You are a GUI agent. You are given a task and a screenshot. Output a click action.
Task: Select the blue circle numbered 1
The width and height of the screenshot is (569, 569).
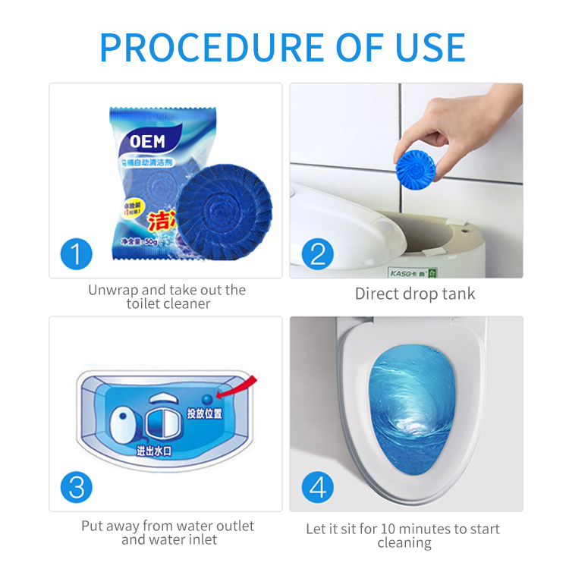pos(77,253)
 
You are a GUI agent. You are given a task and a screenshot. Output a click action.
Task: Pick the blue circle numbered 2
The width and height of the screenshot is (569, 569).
pos(318,253)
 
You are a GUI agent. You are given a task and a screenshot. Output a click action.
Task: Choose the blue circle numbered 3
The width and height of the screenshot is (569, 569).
pos(77,486)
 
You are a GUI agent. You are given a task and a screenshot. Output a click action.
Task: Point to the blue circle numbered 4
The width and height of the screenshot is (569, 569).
pos(318,486)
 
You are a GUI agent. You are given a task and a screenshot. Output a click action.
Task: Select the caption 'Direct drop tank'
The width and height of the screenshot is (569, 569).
pos(415,294)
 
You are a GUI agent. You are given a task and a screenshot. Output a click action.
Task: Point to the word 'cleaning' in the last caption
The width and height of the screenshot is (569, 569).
pos(404,543)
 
